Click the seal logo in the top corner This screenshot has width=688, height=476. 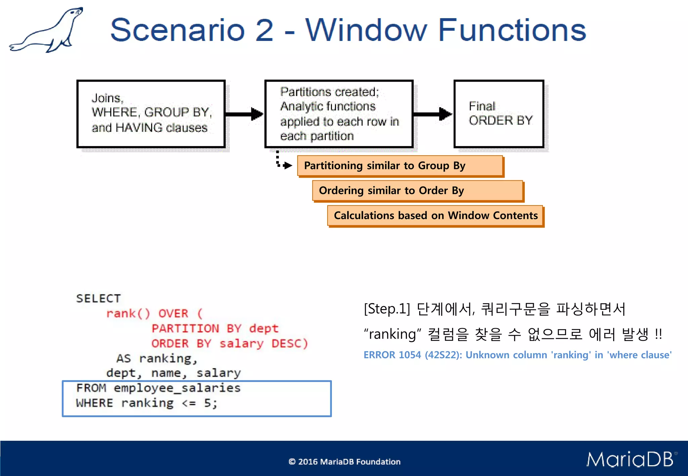click(47, 30)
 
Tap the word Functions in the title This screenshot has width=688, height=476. click(512, 30)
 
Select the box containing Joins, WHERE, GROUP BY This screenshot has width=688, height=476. click(151, 114)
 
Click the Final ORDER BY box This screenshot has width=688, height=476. click(499, 114)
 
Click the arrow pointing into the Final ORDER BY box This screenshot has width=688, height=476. click(433, 114)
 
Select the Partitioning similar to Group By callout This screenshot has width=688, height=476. click(400, 166)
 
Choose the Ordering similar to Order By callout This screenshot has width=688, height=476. click(418, 191)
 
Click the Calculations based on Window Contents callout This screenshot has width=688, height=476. click(435, 216)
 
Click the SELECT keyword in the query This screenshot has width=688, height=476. click(98, 298)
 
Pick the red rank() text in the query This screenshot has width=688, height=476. click(128, 314)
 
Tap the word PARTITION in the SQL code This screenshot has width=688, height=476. click(185, 328)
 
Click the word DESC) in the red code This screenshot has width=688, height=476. click(290, 343)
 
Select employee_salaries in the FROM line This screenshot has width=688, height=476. click(177, 388)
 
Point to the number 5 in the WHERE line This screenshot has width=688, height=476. click(208, 403)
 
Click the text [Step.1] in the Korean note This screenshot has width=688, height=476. click(387, 309)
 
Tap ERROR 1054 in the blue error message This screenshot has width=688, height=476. click(392, 355)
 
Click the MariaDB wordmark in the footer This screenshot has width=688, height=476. click(630, 460)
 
